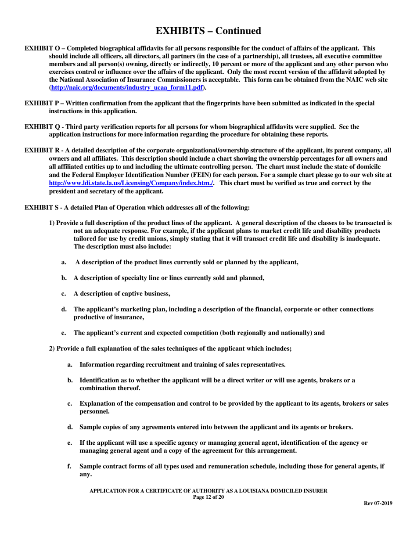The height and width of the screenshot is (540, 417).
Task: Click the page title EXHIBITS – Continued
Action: click(208, 31)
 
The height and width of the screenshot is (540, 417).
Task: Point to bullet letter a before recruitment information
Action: click(70, 364)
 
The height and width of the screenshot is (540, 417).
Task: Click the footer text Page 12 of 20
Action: click(208, 497)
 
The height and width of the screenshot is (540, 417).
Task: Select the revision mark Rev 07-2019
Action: click(378, 504)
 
